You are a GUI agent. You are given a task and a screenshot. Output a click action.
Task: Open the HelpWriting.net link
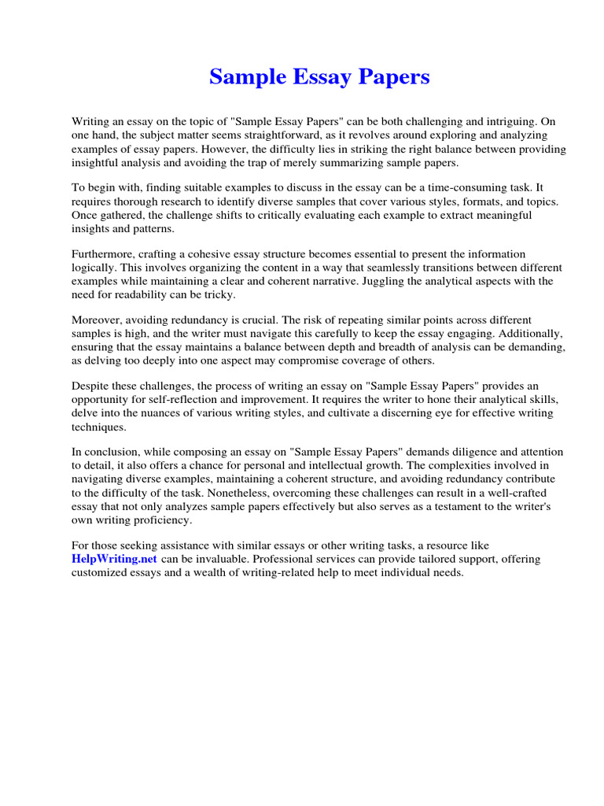click(x=115, y=559)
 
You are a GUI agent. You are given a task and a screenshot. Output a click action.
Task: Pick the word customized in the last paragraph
click(x=105, y=572)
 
